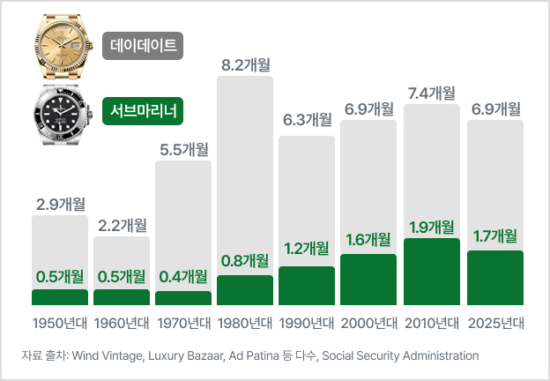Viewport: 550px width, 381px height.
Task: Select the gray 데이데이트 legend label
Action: [x=143, y=44]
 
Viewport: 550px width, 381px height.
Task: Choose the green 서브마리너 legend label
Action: [x=143, y=111]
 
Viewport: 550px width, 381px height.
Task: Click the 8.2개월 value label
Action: [x=244, y=63]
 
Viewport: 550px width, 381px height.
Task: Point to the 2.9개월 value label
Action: [x=60, y=204]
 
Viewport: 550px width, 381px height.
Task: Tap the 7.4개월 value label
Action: [x=431, y=92]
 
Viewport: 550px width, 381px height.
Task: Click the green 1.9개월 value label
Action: [x=431, y=226]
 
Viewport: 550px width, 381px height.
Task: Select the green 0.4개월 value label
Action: [x=183, y=276]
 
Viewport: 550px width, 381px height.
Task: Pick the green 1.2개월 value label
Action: [x=307, y=250]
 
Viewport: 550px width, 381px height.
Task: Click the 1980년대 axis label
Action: [x=244, y=322]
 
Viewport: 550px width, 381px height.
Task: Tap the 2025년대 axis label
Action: [x=494, y=322]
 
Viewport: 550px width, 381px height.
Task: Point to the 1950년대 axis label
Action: [x=60, y=322]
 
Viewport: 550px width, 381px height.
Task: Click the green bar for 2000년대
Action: [x=368, y=280]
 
